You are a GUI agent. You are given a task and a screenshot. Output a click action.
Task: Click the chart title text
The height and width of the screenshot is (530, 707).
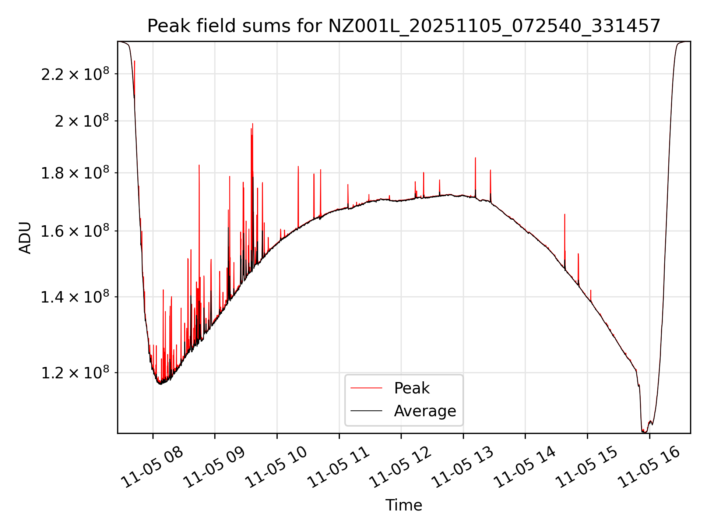(x=404, y=26)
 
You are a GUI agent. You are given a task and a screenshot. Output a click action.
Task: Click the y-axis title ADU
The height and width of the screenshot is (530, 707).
(x=25, y=237)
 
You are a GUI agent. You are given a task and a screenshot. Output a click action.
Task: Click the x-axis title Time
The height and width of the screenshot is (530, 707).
(x=404, y=505)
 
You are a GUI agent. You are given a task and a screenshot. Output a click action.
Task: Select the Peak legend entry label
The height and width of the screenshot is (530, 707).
(x=411, y=388)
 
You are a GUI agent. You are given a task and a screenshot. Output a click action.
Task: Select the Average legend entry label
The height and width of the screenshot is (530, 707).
(x=425, y=411)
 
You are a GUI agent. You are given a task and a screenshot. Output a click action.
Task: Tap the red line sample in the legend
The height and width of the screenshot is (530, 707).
(x=366, y=388)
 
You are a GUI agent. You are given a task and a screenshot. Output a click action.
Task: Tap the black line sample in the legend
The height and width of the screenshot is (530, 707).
(x=366, y=411)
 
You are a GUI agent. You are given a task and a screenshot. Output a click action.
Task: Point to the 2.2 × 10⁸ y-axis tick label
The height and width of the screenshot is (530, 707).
(x=75, y=74)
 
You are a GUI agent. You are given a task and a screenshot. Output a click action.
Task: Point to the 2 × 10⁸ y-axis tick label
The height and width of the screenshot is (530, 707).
(x=82, y=121)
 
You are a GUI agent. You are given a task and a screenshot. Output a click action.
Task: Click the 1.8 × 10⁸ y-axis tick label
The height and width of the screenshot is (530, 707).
(x=75, y=173)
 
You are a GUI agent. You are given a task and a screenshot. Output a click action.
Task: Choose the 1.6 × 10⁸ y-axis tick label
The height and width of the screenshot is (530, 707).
(x=75, y=232)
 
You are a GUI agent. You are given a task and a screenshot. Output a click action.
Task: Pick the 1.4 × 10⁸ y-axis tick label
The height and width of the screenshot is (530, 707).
(x=75, y=297)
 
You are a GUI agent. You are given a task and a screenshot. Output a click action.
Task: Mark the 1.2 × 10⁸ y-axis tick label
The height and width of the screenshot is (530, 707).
(x=75, y=373)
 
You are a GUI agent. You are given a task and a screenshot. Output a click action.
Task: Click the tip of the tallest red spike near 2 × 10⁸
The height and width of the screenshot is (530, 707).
(x=253, y=124)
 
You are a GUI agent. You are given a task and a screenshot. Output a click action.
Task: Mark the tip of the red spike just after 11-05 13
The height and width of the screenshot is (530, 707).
(x=475, y=158)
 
